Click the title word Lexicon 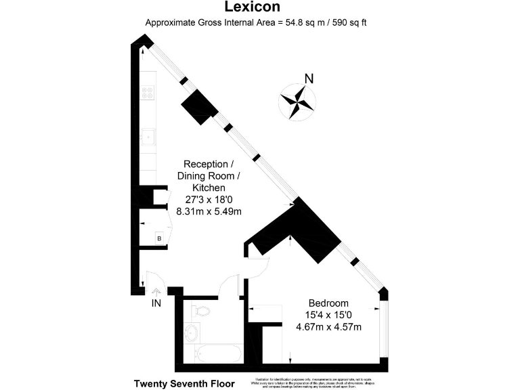tap(260, 7)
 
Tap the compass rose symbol tap(297, 101)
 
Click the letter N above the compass tap(309, 79)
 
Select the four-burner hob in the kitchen tap(148, 92)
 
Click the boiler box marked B tap(159, 238)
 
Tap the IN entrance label tap(156, 303)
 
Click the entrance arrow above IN tap(156, 292)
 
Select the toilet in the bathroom tap(200, 311)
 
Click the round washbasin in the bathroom tap(191, 332)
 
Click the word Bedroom tap(328, 303)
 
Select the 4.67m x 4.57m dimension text tap(328, 328)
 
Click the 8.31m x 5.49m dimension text tap(209, 211)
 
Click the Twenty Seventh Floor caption tap(184, 383)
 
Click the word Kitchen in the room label tap(209, 188)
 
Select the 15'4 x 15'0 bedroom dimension tap(328, 315)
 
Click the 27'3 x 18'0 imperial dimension tap(209, 200)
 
